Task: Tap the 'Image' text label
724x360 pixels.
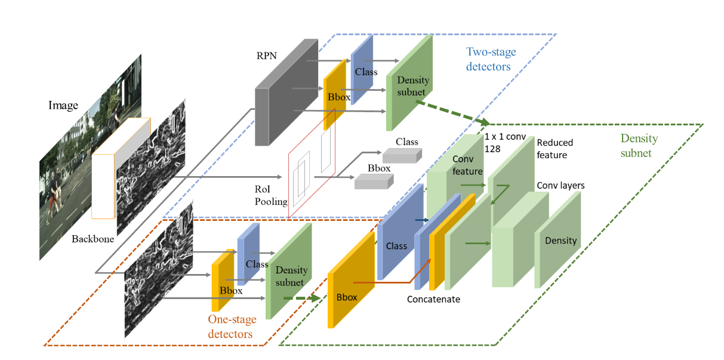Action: click(63, 106)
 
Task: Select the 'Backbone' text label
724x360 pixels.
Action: click(93, 239)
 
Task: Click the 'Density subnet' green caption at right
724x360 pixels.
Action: click(639, 146)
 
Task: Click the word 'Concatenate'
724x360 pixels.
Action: click(433, 299)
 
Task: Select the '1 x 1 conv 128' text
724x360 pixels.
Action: click(505, 142)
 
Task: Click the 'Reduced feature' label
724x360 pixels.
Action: click(554, 149)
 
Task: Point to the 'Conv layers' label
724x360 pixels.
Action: click(560, 186)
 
